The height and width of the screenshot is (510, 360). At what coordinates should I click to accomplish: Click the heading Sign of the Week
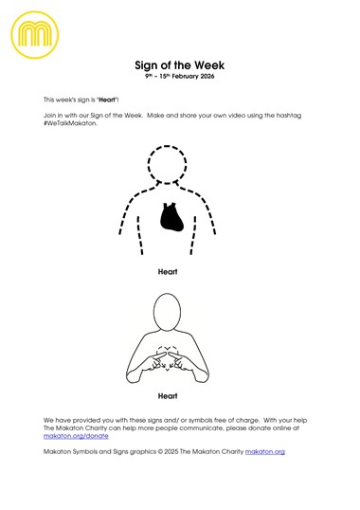(x=180, y=64)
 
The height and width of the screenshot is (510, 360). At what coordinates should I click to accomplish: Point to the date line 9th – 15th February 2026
(x=180, y=76)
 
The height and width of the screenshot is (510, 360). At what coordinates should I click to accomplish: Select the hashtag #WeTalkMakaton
(x=71, y=122)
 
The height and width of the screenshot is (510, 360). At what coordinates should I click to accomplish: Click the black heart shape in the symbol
(x=171, y=218)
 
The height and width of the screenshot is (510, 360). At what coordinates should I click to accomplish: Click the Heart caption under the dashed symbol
(x=168, y=271)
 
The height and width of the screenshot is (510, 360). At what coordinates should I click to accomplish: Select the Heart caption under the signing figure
(x=168, y=395)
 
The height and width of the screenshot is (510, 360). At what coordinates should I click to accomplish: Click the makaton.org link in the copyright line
(x=264, y=452)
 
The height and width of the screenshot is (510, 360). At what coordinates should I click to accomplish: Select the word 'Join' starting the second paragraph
(x=50, y=115)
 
